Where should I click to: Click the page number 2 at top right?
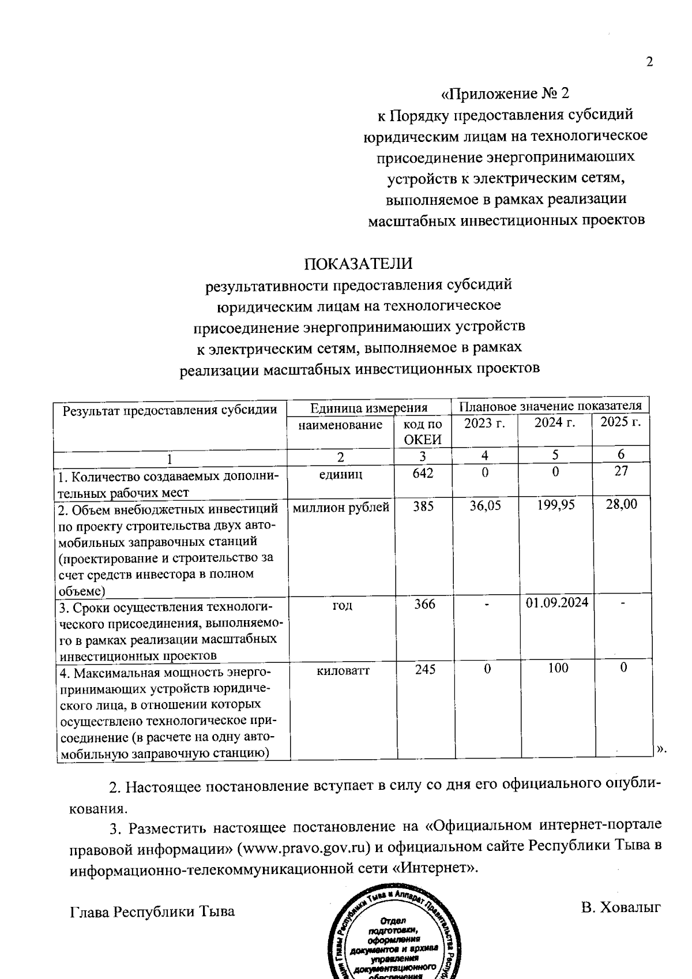click(x=649, y=62)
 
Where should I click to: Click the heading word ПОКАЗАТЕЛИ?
click(x=359, y=264)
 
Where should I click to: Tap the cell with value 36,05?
click(x=485, y=505)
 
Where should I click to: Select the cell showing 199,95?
click(x=555, y=505)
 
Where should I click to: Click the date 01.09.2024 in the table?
click(x=557, y=603)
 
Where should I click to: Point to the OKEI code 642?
click(x=423, y=473)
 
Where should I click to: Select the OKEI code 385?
click(x=423, y=506)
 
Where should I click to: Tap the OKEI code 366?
click(x=424, y=604)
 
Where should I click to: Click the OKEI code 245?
click(x=425, y=669)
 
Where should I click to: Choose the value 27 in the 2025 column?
click(x=621, y=471)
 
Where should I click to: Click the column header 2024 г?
click(x=555, y=423)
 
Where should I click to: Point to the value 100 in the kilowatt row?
click(x=558, y=668)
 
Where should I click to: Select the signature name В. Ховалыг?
click(x=620, y=907)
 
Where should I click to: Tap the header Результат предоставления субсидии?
click(x=170, y=410)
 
